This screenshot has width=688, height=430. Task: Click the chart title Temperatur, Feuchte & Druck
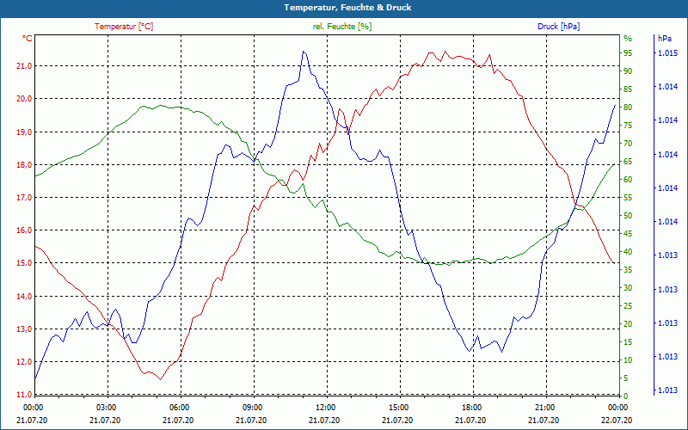[344, 7]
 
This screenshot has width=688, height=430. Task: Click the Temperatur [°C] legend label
[124, 27]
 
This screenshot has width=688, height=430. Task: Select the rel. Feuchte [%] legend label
[342, 27]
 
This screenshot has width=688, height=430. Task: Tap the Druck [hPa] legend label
[558, 27]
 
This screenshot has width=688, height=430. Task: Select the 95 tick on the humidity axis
[628, 53]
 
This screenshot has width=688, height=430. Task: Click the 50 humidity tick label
[628, 216]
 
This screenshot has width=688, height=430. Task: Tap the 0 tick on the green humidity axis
[625, 396]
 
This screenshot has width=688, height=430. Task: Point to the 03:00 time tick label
[106, 407]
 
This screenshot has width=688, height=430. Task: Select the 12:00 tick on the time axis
[326, 407]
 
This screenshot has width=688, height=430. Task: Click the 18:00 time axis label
[472, 407]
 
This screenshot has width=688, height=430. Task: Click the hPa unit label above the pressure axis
[664, 39]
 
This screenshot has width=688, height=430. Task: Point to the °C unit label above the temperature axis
[28, 39]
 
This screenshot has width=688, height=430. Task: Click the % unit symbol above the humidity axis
[627, 39]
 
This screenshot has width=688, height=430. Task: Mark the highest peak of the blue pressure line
[304, 52]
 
